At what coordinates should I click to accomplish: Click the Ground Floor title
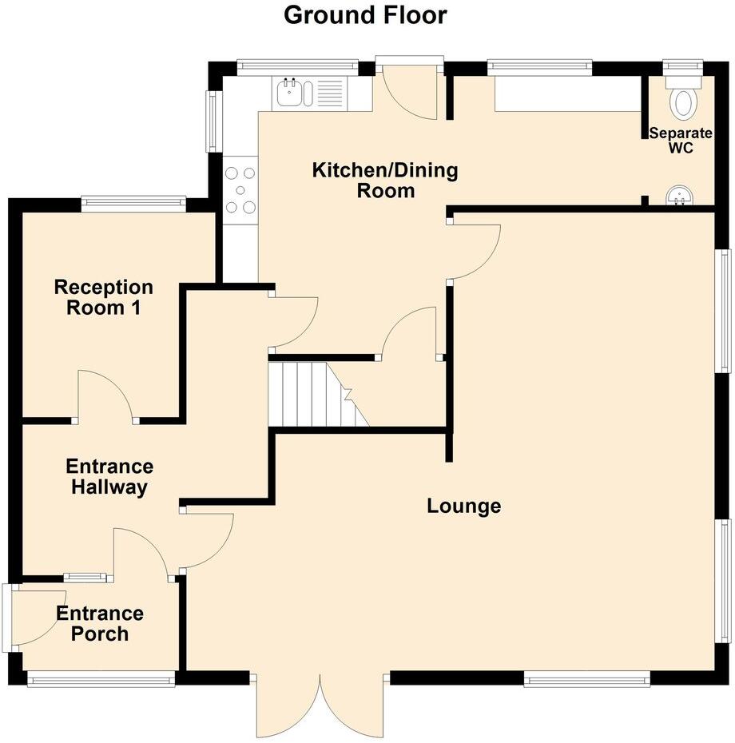click(365, 15)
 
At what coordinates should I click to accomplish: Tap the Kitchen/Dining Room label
click(385, 181)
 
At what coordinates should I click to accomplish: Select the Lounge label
click(463, 506)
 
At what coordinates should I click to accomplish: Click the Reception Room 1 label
click(103, 297)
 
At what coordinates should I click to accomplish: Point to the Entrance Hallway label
click(109, 477)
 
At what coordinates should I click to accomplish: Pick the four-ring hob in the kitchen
click(240, 189)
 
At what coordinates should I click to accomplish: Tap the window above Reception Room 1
click(133, 205)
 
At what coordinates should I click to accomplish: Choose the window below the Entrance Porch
click(101, 680)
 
